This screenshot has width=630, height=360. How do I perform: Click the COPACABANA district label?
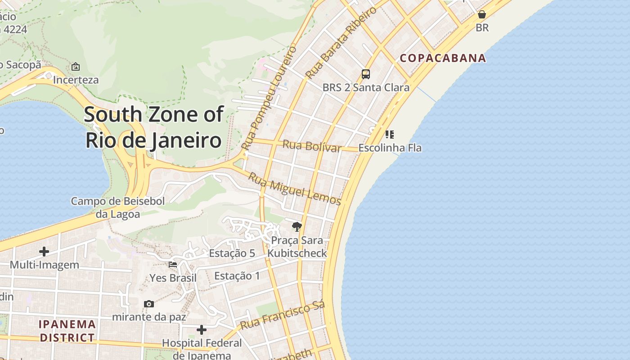point(443,58)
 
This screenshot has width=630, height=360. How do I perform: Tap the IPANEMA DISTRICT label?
point(67,331)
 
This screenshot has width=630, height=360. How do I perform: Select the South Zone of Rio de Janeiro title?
point(153,127)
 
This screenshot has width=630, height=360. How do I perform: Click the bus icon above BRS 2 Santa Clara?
point(366,74)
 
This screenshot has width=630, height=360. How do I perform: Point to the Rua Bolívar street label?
point(312,146)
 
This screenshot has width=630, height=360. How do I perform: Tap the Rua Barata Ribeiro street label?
point(341,43)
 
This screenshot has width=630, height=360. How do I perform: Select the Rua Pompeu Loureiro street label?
point(269,98)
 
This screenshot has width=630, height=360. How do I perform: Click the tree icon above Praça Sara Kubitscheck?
point(297,226)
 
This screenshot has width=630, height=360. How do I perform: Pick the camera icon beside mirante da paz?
point(149,304)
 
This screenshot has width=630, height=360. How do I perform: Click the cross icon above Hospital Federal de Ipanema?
point(202,330)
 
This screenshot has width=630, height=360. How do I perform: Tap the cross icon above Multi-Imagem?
point(44,252)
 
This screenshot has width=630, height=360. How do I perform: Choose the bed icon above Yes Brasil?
point(173,265)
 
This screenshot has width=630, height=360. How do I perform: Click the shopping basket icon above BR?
point(482,14)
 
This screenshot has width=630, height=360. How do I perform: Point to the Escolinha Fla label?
point(390,148)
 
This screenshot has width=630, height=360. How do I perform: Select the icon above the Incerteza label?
point(76,67)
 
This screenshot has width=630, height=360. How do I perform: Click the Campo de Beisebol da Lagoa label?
point(118,207)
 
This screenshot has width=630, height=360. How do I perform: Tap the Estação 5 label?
point(232,253)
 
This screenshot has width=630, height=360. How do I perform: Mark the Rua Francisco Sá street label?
point(282,316)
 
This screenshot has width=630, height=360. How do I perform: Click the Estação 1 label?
point(237,276)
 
